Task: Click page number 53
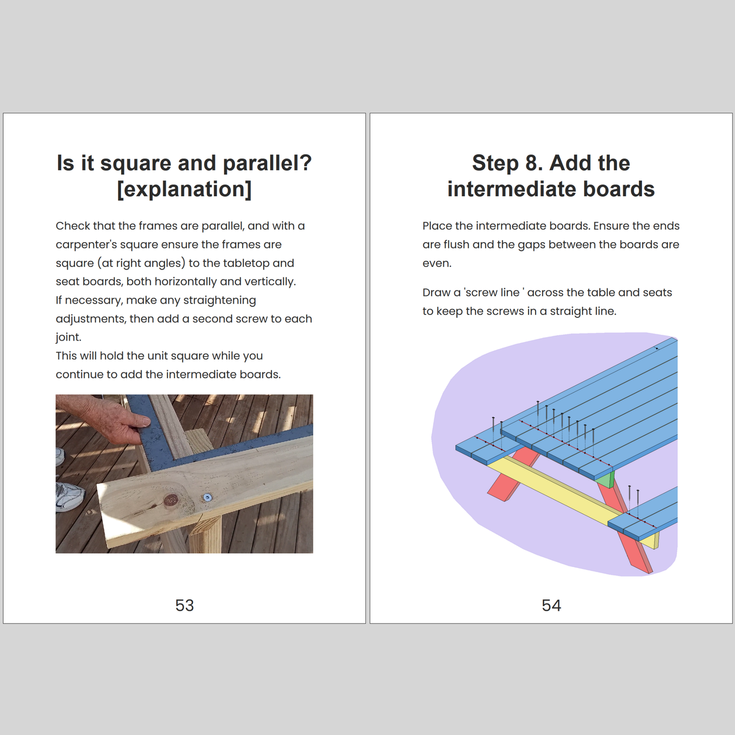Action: (x=184, y=605)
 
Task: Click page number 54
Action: (x=551, y=605)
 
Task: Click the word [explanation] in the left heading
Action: (x=184, y=189)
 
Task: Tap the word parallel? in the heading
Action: (x=267, y=164)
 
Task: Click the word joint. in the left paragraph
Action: (x=69, y=337)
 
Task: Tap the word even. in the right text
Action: (x=437, y=263)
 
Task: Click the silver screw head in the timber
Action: (x=208, y=497)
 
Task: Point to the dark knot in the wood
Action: (x=171, y=499)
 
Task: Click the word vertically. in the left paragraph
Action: (x=270, y=282)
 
